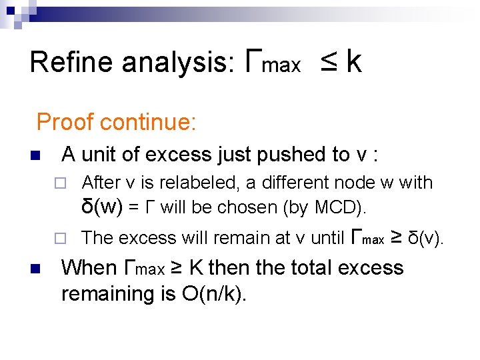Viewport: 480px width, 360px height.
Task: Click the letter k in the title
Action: pos(354,61)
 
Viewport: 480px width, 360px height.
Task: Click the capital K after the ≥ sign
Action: pos(197,268)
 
